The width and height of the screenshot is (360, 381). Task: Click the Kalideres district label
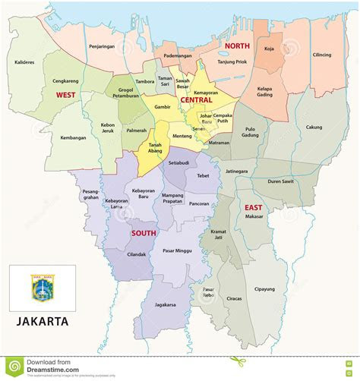25,62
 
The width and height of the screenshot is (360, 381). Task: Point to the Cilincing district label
321,55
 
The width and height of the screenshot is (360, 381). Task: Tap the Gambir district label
163,108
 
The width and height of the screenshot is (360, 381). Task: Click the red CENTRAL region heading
196,100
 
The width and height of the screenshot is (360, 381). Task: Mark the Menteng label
182,136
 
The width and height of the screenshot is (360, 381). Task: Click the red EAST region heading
253,206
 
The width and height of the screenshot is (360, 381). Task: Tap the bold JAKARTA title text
43,321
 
